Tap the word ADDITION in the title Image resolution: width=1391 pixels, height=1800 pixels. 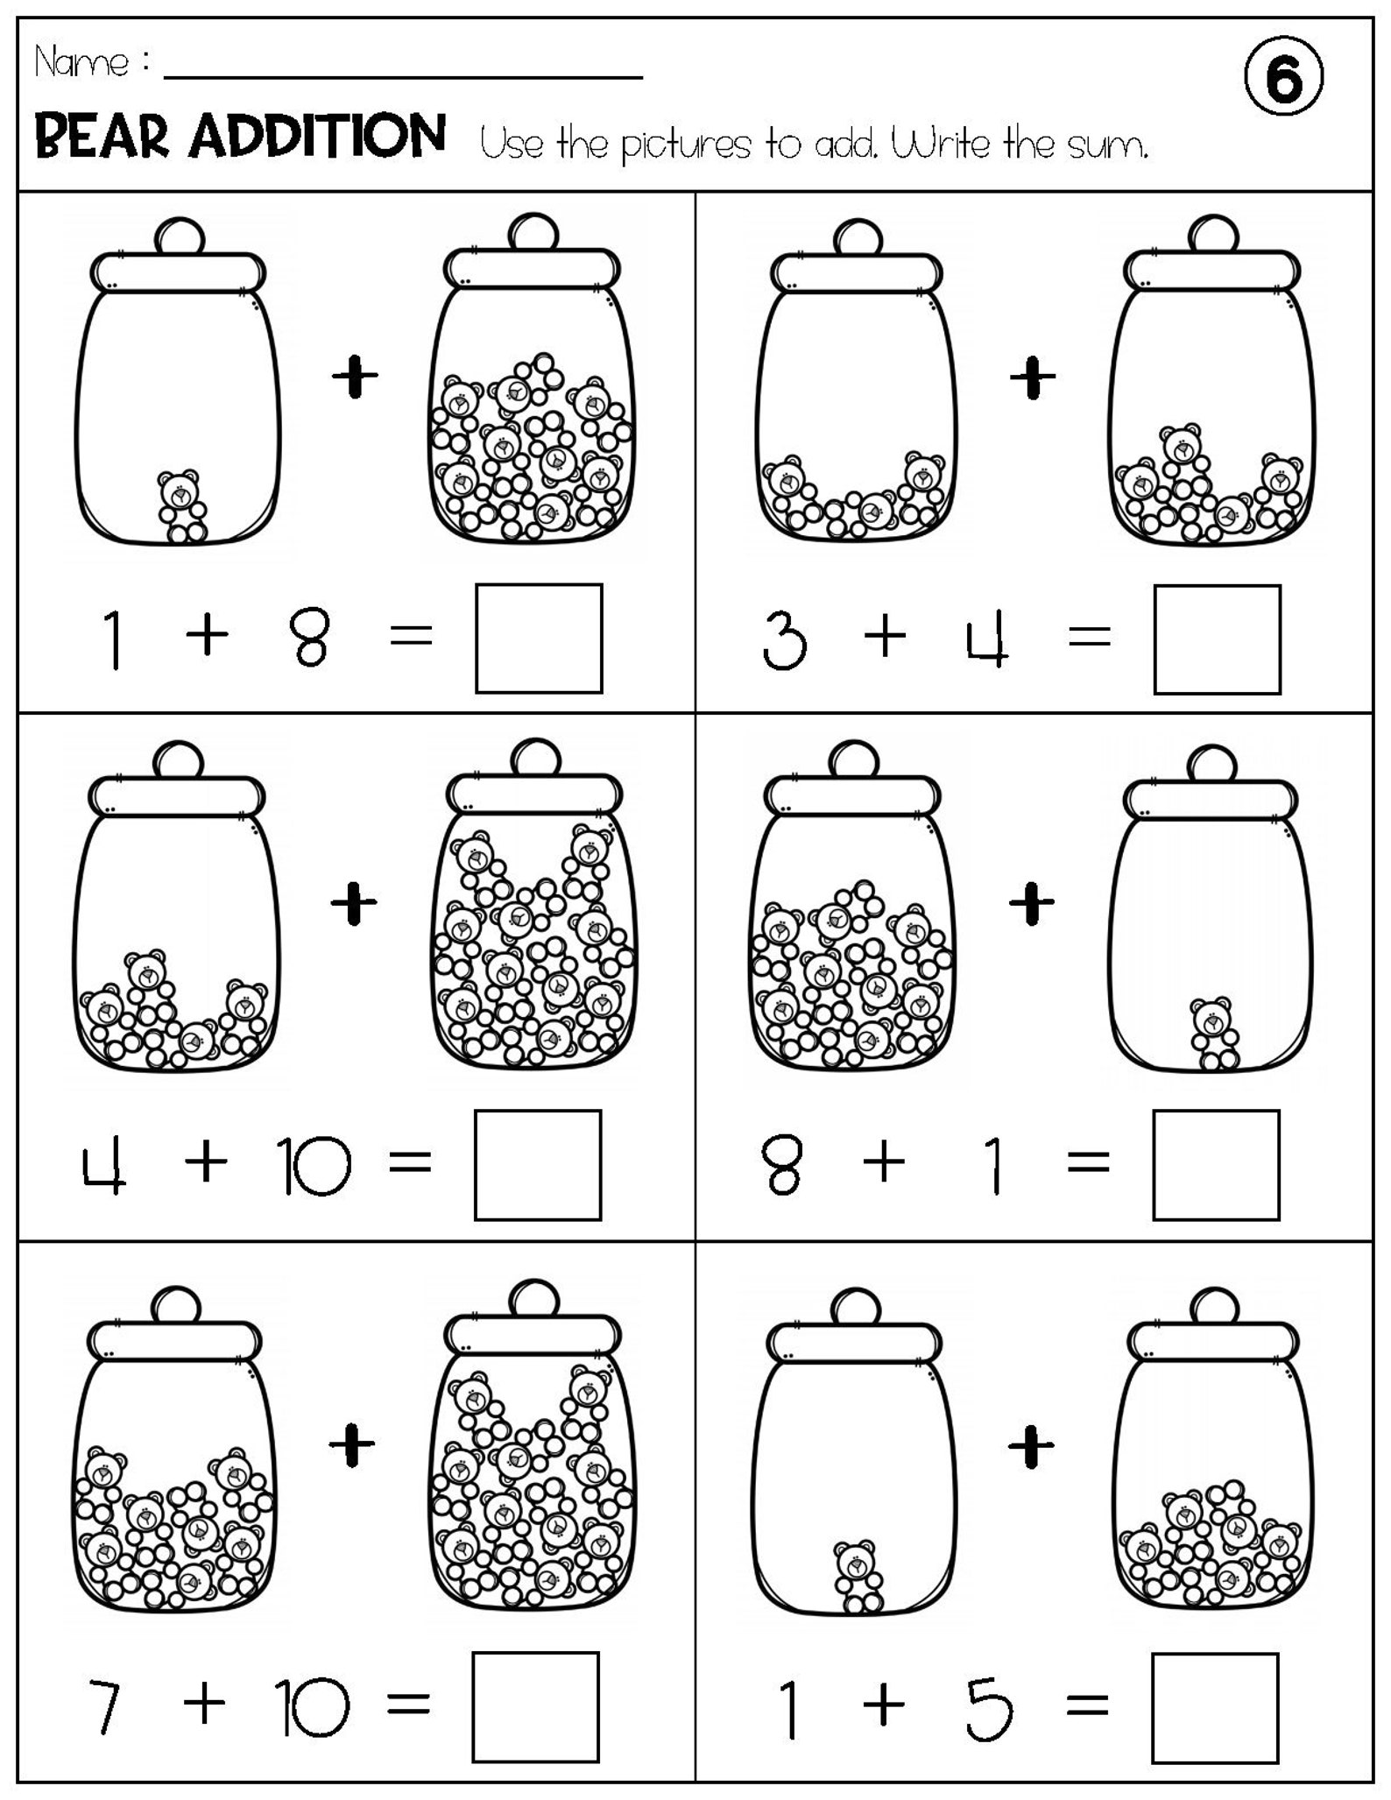tap(319, 137)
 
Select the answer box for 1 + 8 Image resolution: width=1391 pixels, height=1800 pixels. tap(539, 639)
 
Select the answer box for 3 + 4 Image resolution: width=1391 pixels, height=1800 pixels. tap(1217, 639)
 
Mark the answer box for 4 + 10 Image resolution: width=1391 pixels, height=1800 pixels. tap(538, 1165)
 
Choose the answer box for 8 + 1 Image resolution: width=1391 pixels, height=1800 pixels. tap(1216, 1165)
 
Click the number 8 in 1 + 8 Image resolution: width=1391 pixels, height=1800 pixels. tap(310, 639)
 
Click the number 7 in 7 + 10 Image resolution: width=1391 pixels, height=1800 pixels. tap(102, 1707)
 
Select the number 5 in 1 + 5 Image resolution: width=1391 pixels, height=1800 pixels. tap(989, 1707)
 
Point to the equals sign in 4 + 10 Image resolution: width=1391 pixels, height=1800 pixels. tap(410, 1163)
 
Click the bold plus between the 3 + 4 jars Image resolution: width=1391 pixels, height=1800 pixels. tap(1033, 378)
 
